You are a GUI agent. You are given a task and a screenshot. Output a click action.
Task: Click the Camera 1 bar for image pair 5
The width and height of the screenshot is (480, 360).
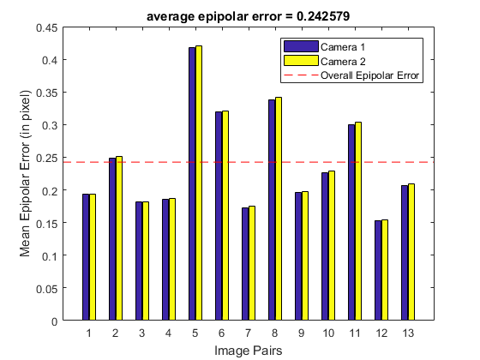[192, 183]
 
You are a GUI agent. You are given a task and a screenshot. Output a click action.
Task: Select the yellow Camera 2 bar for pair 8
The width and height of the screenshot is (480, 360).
[279, 209]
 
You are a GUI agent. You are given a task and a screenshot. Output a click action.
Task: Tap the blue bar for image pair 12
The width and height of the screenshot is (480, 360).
[378, 270]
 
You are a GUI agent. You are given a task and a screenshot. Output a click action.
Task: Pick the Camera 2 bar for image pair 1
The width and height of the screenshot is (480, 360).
[93, 257]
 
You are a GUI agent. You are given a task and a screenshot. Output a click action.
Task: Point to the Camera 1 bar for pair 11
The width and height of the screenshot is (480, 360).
[351, 222]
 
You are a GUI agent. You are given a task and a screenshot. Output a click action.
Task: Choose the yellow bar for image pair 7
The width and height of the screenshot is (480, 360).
[252, 263]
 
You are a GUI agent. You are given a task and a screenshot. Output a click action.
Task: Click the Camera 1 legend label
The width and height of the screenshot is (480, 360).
[343, 47]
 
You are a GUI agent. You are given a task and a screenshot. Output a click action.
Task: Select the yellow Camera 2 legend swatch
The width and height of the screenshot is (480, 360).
[301, 61]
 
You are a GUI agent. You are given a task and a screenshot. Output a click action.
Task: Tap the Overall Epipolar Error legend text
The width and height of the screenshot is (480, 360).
[369, 75]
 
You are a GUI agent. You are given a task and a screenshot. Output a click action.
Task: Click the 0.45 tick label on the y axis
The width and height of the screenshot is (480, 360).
[47, 27]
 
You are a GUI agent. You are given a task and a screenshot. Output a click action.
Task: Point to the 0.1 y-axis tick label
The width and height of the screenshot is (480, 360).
[50, 255]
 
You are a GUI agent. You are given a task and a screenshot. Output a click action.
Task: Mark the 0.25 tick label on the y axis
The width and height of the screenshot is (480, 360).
[47, 158]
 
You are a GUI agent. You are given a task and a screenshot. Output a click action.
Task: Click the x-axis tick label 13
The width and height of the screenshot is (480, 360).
[408, 333]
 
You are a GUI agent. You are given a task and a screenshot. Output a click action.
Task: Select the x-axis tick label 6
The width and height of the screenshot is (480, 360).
[222, 333]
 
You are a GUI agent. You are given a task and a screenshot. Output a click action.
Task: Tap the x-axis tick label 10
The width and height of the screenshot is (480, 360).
[328, 333]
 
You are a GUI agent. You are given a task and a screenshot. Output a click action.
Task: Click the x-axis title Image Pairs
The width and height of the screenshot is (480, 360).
[249, 351]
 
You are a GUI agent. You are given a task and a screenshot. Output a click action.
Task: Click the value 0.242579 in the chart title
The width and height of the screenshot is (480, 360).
[323, 16]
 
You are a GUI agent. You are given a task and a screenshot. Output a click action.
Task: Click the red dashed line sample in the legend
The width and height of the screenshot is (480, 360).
[301, 75]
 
